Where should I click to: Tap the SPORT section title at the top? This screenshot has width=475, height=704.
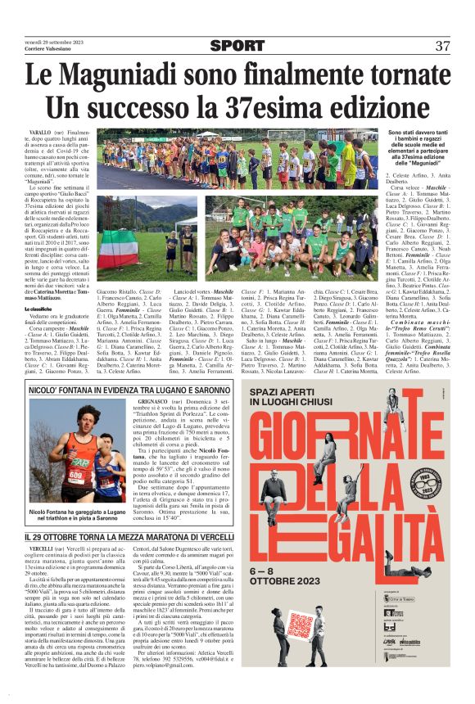(x=237, y=46)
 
